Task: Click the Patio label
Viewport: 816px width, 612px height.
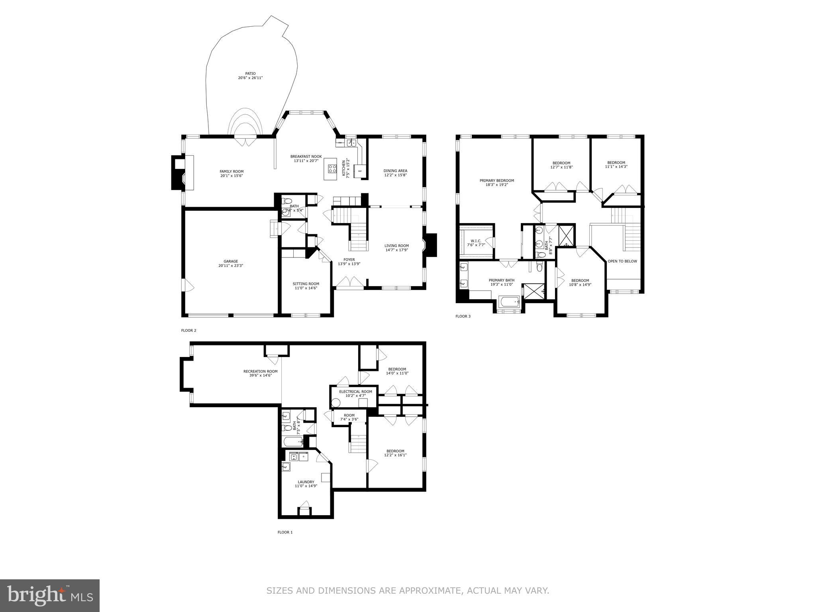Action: [250, 73]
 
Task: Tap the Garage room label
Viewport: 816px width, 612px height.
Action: [231, 261]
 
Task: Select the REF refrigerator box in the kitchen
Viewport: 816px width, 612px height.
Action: [360, 171]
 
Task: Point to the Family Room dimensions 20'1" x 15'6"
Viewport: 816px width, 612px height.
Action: [231, 176]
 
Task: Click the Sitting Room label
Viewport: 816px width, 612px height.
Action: [306, 284]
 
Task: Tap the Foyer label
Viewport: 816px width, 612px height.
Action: [349, 259]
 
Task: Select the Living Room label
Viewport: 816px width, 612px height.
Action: [396, 245]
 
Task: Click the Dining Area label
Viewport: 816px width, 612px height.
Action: [395, 171]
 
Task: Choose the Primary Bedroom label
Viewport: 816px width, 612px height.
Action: [496, 180]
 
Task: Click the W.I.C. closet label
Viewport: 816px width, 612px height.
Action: [476, 241]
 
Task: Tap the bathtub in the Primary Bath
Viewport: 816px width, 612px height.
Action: [509, 302]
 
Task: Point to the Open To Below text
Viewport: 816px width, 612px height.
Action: [622, 261]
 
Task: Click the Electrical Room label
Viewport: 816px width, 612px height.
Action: [355, 392]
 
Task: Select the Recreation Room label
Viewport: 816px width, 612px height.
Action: [260, 371]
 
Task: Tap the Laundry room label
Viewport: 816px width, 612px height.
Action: [306, 482]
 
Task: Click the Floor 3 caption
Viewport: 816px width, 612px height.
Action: [463, 316]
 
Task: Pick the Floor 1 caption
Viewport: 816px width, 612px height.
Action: [285, 532]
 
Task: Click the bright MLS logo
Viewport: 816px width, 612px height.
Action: [50, 596]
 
